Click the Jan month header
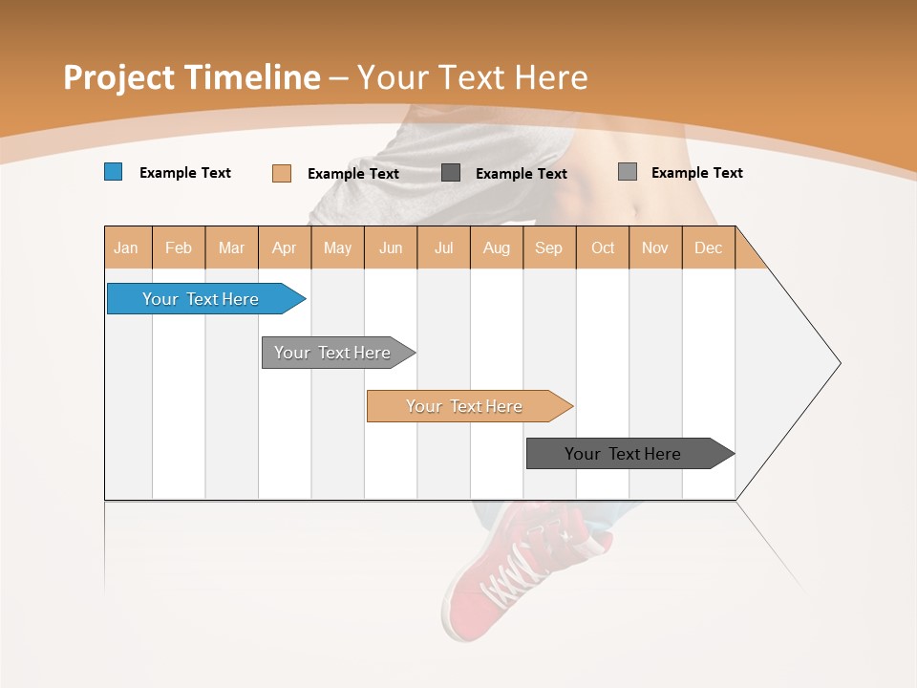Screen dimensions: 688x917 tap(126, 248)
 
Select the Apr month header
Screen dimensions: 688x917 tap(284, 248)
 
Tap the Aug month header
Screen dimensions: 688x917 tap(496, 248)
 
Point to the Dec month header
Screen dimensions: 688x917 tap(708, 248)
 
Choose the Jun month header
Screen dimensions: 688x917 tap(391, 248)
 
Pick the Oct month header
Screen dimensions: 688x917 tap(603, 248)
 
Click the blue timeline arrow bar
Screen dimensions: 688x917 tap(201, 299)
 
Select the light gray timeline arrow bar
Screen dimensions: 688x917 tap(332, 353)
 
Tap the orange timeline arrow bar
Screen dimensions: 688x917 tap(464, 406)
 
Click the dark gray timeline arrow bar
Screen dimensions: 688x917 tap(623, 454)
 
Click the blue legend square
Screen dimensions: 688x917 tap(113, 172)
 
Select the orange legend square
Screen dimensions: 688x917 tap(281, 173)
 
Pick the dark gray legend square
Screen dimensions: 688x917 tap(451, 172)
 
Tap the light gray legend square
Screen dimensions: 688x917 tap(627, 172)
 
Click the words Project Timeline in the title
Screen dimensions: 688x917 tap(191, 77)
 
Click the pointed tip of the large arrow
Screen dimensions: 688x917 tap(839, 363)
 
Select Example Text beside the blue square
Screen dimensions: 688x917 tap(185, 173)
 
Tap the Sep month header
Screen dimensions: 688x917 tap(548, 248)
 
